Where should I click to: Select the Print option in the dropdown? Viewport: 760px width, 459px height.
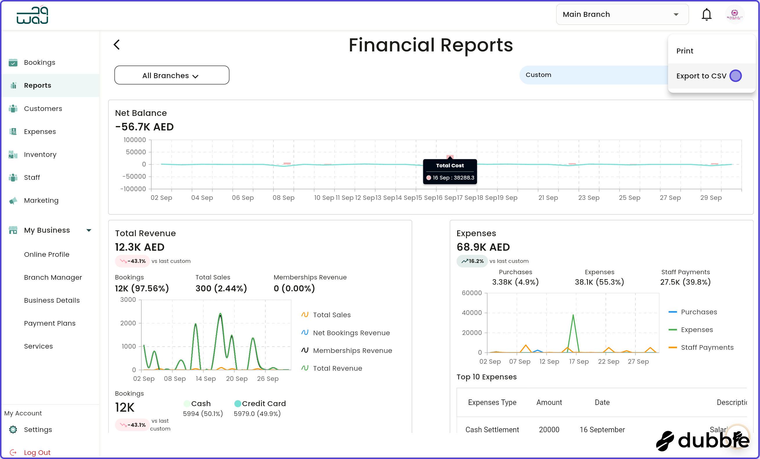(685, 51)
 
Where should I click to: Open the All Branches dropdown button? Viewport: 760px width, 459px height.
(172, 75)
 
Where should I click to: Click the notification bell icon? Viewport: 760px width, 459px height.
(706, 15)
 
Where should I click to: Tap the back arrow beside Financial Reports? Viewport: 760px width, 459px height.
(117, 44)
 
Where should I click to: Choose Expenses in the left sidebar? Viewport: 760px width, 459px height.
(40, 132)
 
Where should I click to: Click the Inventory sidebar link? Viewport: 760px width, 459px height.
(40, 154)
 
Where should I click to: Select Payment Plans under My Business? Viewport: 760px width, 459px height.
(50, 323)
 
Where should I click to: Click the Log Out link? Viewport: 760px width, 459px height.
(37, 452)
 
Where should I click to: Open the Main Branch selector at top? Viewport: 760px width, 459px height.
(622, 15)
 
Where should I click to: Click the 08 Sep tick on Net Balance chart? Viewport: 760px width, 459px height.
(283, 198)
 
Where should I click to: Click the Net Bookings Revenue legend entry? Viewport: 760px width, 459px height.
(351, 333)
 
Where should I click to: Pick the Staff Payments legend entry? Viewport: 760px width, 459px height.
(707, 347)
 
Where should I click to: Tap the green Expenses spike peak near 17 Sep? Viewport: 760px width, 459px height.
(573, 315)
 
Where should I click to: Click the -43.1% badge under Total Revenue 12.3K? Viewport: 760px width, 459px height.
(133, 261)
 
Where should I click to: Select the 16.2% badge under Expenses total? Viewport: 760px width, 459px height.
(472, 261)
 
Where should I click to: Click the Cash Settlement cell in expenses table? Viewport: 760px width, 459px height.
(492, 429)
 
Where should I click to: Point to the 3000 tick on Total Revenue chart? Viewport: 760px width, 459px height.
(128, 300)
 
